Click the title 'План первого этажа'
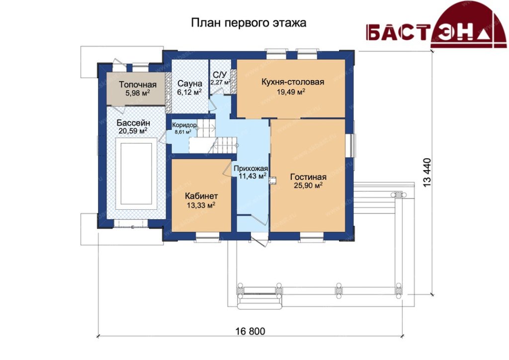coord(249,23)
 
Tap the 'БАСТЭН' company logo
coord(436,25)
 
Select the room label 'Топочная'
coord(138,85)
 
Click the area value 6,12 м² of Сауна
coord(189,92)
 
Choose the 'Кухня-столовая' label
coord(293,82)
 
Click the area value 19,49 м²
coord(291,92)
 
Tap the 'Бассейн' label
coord(133,123)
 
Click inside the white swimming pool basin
coord(136,174)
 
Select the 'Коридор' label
coord(184,125)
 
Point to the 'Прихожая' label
coord(251,169)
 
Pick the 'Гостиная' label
coord(308,177)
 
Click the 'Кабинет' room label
coord(201,196)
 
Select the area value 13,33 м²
coord(201,205)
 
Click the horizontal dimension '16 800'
coord(251,331)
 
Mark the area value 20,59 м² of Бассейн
coord(133,131)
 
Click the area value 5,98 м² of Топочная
coord(138,93)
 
